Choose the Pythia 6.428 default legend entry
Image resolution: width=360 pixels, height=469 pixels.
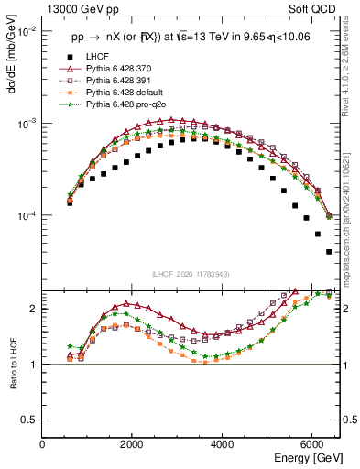pyautogui.click(x=125, y=93)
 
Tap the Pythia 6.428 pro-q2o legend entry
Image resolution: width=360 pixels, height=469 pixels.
pyautogui.click(x=125, y=104)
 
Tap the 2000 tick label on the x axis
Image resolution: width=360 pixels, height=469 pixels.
pyautogui.click(x=133, y=444)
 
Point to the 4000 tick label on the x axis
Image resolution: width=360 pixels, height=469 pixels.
pyautogui.click(x=223, y=444)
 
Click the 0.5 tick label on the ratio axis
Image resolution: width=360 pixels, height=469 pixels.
pyautogui.click(x=30, y=420)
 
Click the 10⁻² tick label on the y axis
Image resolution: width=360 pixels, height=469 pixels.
pyautogui.click(x=27, y=31)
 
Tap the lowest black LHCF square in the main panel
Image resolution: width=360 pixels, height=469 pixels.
pyautogui.click(x=329, y=251)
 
